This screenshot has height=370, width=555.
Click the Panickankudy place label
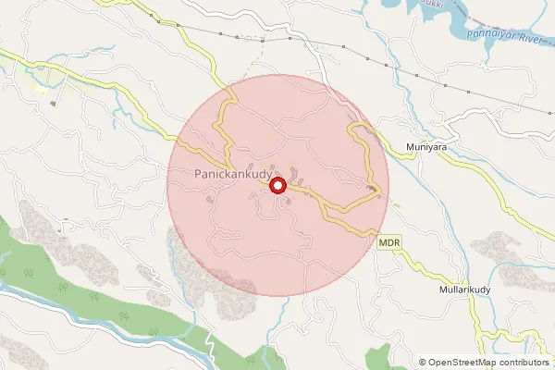[228, 173]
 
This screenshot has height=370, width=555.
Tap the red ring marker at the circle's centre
[277, 186]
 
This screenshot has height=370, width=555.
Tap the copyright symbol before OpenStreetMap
[422, 362]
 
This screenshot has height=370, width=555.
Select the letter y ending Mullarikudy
[495, 291]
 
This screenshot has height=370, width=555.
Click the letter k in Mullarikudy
[474, 290]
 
